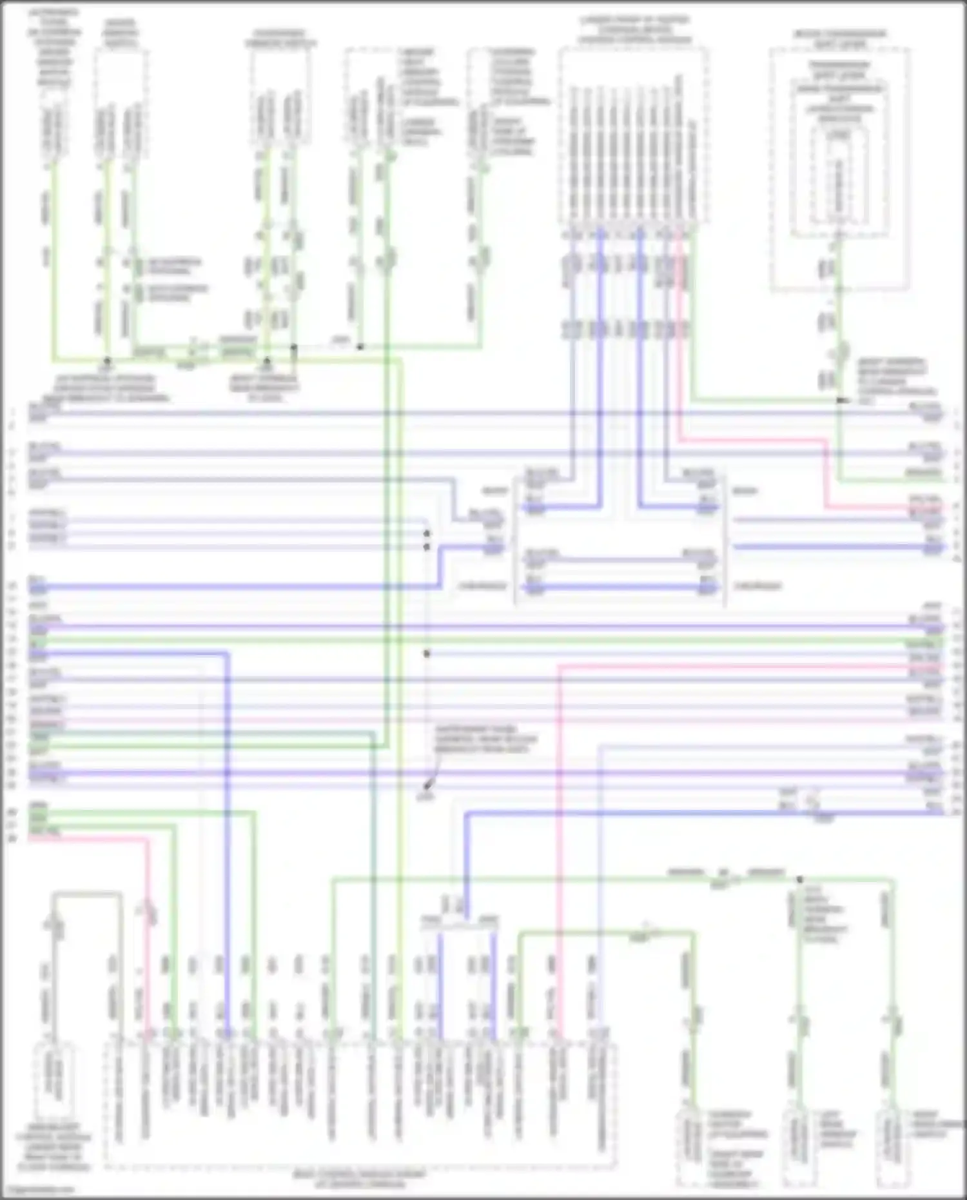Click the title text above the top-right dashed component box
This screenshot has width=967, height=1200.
coord(839,39)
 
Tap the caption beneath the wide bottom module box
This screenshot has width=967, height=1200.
coord(360,1178)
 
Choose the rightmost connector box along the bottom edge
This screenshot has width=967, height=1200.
coord(892,1145)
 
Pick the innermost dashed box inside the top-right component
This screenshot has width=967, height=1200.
coord(839,181)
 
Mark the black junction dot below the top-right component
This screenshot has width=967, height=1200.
coord(839,400)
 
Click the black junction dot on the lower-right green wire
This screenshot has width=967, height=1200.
coord(799,880)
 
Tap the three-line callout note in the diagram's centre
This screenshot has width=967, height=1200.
coord(485,740)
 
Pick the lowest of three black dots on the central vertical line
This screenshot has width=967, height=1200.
coord(427,654)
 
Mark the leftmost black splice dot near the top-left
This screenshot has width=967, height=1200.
coord(108,361)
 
